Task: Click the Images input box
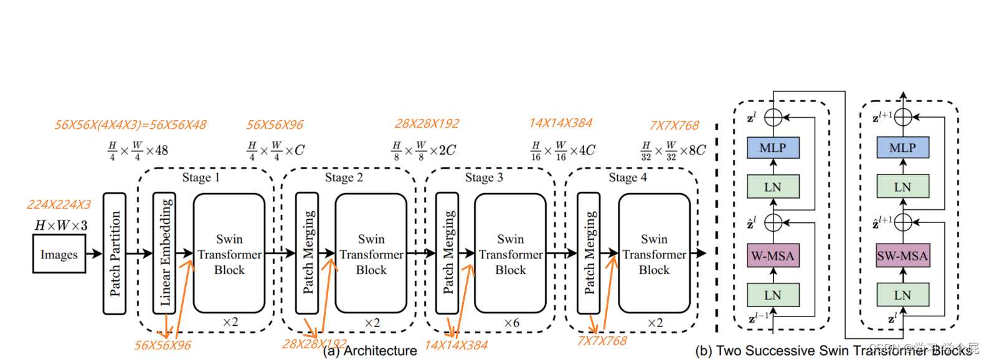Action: (x=59, y=254)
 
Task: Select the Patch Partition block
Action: (x=114, y=253)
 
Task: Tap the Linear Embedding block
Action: (x=164, y=253)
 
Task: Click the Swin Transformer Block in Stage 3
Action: (x=510, y=254)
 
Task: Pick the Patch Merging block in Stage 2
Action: (x=307, y=253)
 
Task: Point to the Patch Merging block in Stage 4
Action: (x=589, y=253)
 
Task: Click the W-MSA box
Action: (x=773, y=255)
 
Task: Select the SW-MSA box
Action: (x=902, y=255)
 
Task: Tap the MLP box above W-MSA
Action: (x=773, y=148)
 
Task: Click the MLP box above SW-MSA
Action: (x=902, y=148)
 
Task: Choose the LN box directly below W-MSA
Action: (x=773, y=295)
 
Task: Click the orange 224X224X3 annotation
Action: (x=59, y=205)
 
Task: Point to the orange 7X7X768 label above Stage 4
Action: (x=674, y=125)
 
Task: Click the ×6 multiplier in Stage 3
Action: (x=511, y=323)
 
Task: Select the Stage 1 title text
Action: (x=201, y=178)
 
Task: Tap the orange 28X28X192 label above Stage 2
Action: (x=427, y=123)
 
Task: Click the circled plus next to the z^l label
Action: (x=773, y=116)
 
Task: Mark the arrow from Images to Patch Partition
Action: (x=94, y=253)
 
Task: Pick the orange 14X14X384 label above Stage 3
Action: (x=561, y=123)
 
